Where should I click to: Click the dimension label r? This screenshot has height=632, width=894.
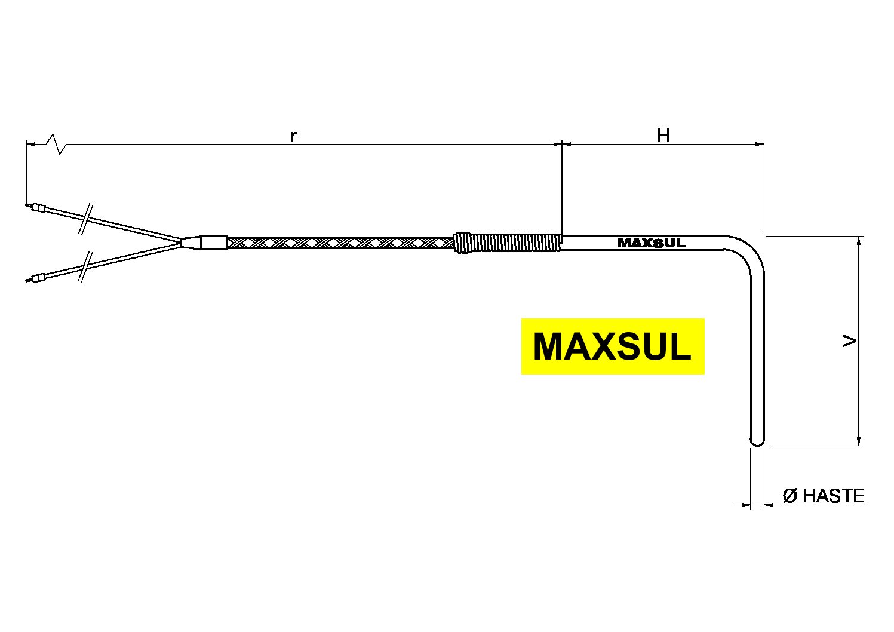pyautogui.click(x=293, y=136)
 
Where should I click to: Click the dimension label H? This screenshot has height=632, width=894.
pyautogui.click(x=663, y=136)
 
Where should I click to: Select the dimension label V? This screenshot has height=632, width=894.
pyautogui.click(x=849, y=341)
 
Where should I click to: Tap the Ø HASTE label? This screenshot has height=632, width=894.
pyautogui.click(x=824, y=496)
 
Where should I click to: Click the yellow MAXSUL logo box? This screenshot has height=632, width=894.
pyautogui.click(x=612, y=346)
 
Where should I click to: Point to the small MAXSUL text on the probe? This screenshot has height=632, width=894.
pyautogui.click(x=651, y=243)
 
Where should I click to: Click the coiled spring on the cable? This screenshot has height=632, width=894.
pyautogui.click(x=508, y=243)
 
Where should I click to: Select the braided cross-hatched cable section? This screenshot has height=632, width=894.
pyautogui.click(x=340, y=243)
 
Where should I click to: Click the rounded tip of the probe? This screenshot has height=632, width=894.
pyautogui.click(x=757, y=441)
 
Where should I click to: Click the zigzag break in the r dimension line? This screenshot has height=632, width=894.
pyautogui.click(x=58, y=144)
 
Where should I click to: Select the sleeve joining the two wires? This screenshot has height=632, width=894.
pyautogui.click(x=213, y=243)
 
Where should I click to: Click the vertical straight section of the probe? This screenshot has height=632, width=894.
pyautogui.click(x=757, y=358)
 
